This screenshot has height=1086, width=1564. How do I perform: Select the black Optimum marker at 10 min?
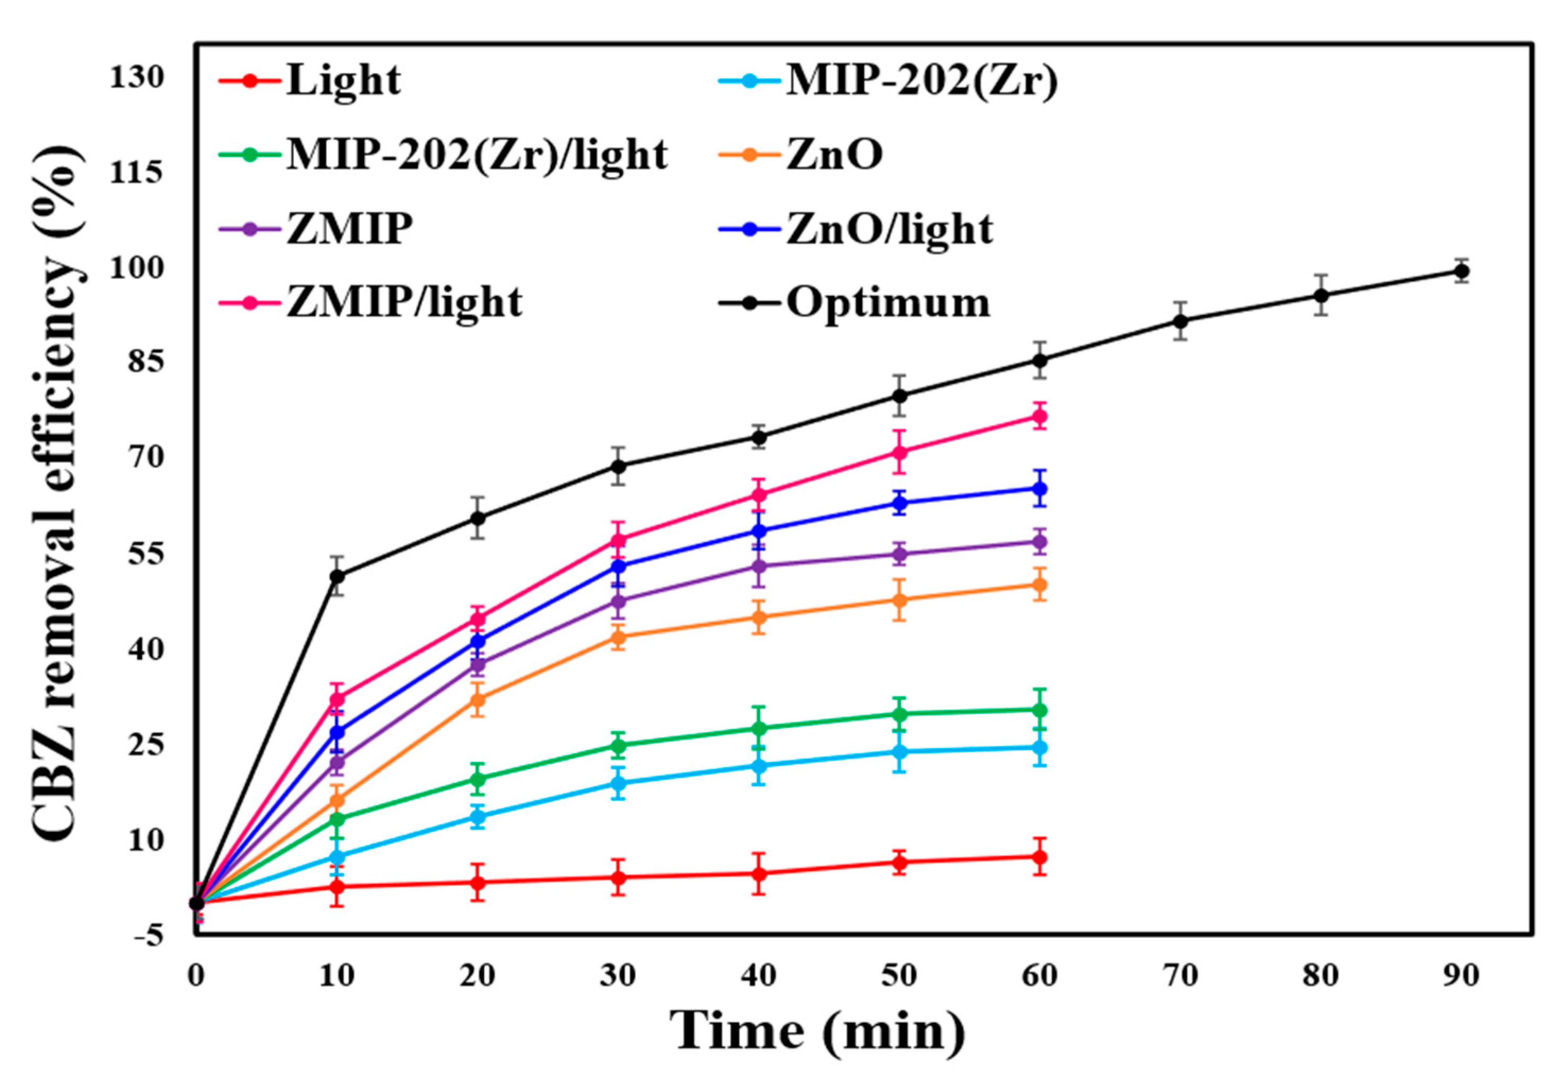pos(337,576)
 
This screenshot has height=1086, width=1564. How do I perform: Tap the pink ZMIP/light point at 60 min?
pos(1039,416)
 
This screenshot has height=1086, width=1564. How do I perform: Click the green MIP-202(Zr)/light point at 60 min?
pos(1039,710)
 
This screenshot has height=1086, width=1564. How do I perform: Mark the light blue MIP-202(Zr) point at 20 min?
pos(478,816)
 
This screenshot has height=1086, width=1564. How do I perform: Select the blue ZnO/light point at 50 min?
pos(899,503)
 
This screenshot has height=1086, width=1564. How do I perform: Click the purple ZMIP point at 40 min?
pos(759,566)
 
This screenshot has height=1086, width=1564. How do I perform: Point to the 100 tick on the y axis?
pos(138,268)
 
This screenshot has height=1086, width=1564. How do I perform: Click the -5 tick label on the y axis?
pos(149,937)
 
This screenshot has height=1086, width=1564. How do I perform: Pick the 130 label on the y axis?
pos(138,77)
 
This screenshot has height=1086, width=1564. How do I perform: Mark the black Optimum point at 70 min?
pos(1180,321)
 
